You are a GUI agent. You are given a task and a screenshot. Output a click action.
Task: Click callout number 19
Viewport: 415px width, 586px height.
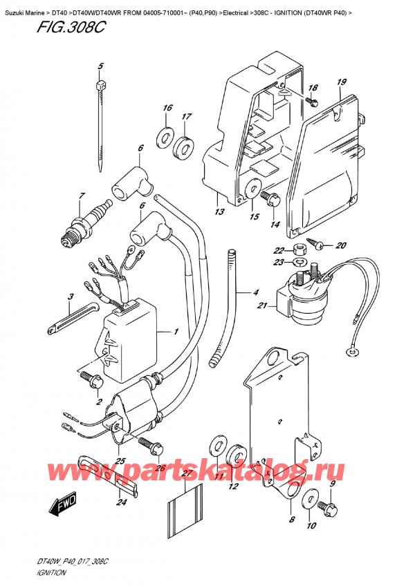(341, 83)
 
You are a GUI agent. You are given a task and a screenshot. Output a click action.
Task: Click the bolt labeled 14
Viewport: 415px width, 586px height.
(270, 199)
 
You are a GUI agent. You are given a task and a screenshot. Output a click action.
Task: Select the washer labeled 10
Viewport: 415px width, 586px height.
(310, 497)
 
